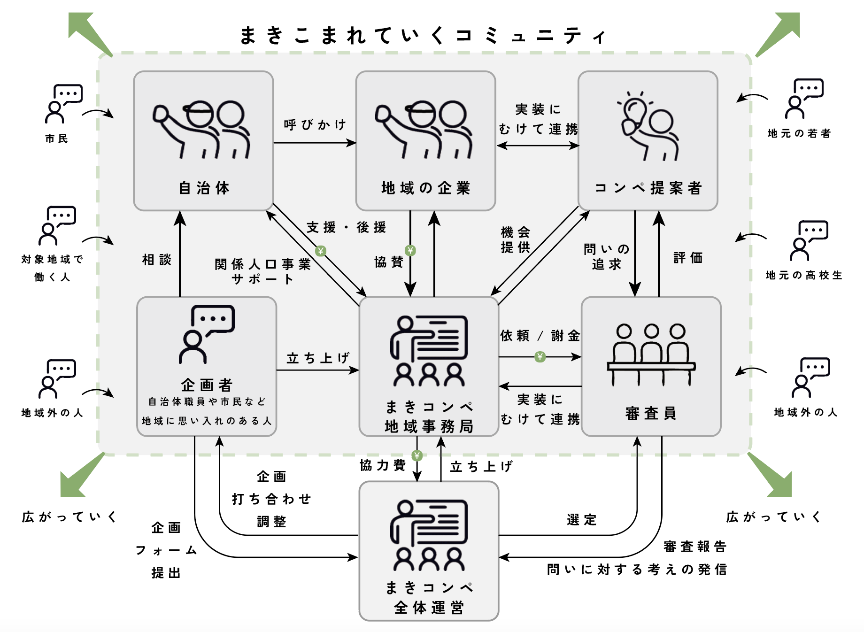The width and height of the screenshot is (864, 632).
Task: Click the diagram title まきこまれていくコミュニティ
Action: (x=423, y=36)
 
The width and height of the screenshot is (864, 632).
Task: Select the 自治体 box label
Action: (x=204, y=188)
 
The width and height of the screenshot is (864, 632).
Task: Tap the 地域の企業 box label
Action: (x=425, y=188)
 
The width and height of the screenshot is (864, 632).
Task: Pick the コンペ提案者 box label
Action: (x=648, y=188)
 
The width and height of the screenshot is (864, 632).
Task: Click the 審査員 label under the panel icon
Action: (x=651, y=413)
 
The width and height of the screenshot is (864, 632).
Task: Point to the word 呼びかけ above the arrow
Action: (x=315, y=125)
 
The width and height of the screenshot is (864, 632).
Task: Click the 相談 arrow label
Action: (x=157, y=260)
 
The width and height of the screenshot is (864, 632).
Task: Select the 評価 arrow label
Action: (x=688, y=258)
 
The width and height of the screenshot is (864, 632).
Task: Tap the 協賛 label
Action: (x=388, y=262)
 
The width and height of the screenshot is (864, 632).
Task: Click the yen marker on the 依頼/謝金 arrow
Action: (x=540, y=357)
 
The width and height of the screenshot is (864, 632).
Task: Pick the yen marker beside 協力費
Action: (x=417, y=455)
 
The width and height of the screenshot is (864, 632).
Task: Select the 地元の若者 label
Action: (x=799, y=134)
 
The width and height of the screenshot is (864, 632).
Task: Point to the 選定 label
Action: (x=581, y=520)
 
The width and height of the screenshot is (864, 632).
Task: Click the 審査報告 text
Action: (x=695, y=547)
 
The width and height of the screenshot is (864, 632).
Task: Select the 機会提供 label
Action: (x=515, y=239)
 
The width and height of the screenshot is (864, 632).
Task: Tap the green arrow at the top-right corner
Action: (x=779, y=33)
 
